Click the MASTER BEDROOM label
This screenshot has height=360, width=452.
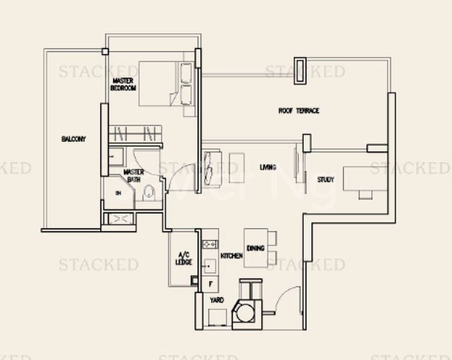tap(123, 84)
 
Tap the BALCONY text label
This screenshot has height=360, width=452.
tap(73, 139)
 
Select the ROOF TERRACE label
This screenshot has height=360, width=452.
tap(299, 111)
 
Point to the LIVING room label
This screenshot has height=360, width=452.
tap(268, 167)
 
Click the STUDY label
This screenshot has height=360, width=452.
tap(326, 179)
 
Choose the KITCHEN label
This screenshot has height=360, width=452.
tap(231, 256)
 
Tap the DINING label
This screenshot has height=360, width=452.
tap(255, 248)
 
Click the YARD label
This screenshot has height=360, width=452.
tap(216, 299)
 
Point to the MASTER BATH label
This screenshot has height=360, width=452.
tap(133, 175)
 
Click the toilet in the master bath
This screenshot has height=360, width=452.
tap(149, 193)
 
